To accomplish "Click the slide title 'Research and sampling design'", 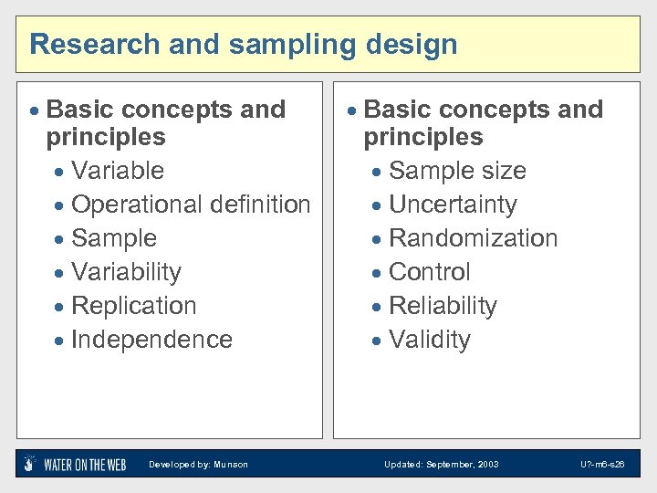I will pyautogui.click(x=244, y=44).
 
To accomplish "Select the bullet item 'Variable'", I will pyautogui.click(x=117, y=171).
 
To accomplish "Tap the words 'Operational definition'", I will pyautogui.click(x=190, y=205).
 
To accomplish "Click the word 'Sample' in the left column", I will pyautogui.click(x=113, y=238).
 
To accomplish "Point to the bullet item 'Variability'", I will pyautogui.click(x=126, y=272).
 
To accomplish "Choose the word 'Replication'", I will pyautogui.click(x=133, y=306).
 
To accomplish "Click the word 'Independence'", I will pyautogui.click(x=151, y=340).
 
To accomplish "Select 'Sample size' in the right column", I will pyautogui.click(x=457, y=171).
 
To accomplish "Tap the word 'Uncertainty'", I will pyautogui.click(x=453, y=205).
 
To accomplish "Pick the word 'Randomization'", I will pyautogui.click(x=473, y=238).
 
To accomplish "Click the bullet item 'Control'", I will pyautogui.click(x=429, y=272).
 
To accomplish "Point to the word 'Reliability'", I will pyautogui.click(x=443, y=306).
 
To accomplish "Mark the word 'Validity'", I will pyautogui.click(x=429, y=340).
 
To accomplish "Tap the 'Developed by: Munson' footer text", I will pyautogui.click(x=198, y=465).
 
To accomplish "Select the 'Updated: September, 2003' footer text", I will pyautogui.click(x=441, y=465).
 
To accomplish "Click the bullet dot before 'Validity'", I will pyautogui.click(x=379, y=341).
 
